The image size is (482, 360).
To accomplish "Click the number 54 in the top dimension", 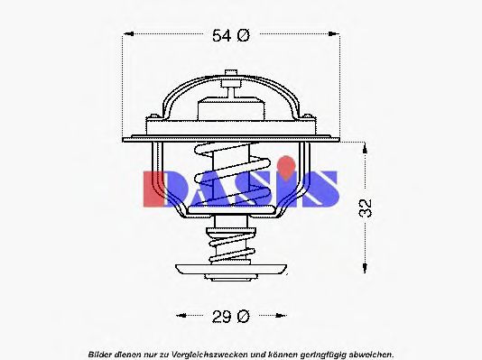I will point(221,36).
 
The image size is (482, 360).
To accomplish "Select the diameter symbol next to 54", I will point(243,36).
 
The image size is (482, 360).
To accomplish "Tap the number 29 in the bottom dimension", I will point(221,316).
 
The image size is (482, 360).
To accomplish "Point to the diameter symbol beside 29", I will point(243,316).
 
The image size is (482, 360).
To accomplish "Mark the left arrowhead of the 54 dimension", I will point(127,36).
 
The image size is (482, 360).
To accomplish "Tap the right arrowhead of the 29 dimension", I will point(284,316).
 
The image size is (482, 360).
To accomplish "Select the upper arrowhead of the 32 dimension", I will point(364,145).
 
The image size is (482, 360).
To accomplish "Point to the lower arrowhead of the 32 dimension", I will point(364,266).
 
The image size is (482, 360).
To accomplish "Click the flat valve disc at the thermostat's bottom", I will point(231,269).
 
